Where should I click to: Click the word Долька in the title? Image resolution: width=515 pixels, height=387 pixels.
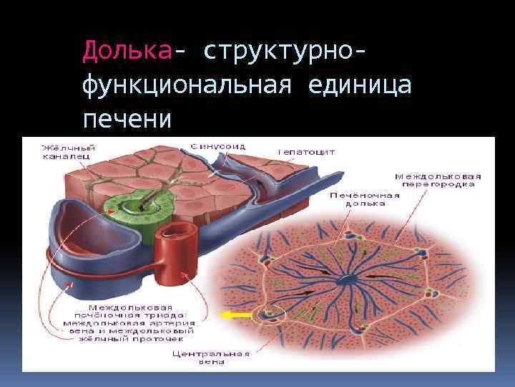tap(127, 50)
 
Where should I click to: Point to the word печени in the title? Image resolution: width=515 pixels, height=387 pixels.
tap(127, 118)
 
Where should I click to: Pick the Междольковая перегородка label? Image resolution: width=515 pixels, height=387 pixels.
tap(438, 180)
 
